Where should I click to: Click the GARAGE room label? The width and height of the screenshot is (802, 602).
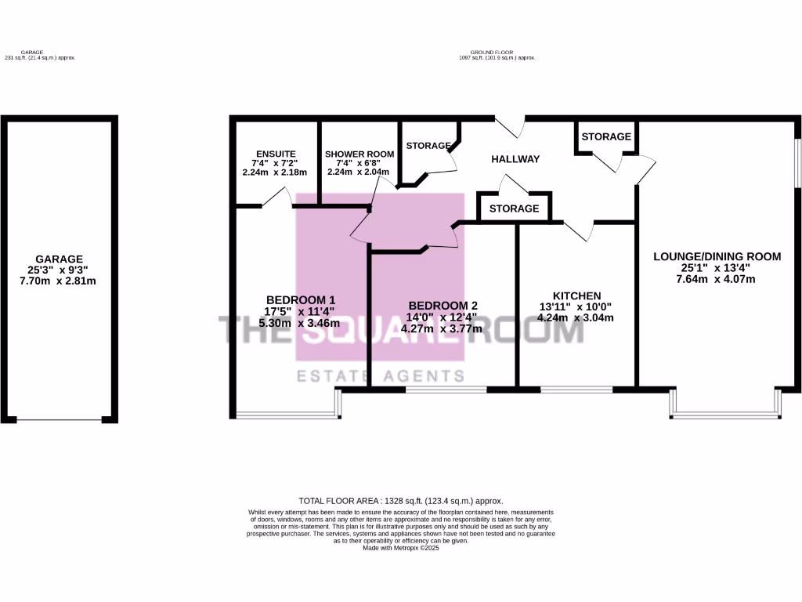[59, 259]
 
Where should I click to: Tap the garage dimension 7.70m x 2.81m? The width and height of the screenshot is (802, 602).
[59, 281]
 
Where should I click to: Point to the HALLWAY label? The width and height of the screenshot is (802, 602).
[515, 159]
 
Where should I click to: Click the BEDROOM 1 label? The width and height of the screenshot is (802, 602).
[301, 299]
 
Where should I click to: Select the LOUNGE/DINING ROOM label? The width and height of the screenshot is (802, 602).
[717, 256]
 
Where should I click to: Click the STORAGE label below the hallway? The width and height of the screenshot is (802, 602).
[514, 209]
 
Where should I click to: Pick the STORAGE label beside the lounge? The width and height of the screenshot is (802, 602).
[606, 136]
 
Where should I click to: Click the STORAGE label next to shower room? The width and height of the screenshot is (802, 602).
[428, 146]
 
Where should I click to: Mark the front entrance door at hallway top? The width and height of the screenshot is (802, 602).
[509, 125]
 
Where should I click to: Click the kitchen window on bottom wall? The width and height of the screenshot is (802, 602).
[576, 389]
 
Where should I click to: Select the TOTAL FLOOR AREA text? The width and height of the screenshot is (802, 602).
[400, 500]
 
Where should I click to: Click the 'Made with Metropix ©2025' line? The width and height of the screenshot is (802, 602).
[400, 549]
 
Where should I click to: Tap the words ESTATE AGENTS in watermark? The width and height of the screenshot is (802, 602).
[381, 376]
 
